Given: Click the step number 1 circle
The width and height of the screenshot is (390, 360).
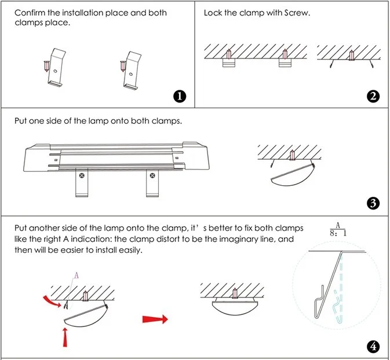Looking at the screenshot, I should click(x=181, y=97).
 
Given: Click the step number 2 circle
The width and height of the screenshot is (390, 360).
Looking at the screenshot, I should click(x=373, y=97).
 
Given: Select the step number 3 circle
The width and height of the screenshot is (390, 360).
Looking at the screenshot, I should click(x=373, y=203).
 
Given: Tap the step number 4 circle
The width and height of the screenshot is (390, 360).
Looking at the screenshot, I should click(x=373, y=347).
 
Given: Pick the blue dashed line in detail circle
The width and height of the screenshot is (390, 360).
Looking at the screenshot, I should click(x=343, y=284).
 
